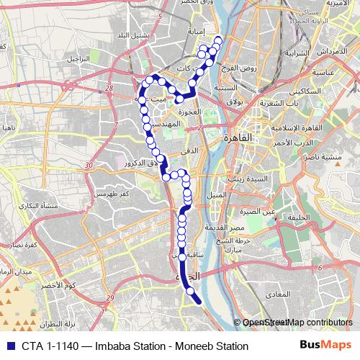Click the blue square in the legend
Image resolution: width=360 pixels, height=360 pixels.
tap(8, 346)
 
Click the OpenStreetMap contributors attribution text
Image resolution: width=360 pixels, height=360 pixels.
tap(297, 323)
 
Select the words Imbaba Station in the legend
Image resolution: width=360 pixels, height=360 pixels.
tap(112, 346)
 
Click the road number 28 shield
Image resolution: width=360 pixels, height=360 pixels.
tap(109, 88)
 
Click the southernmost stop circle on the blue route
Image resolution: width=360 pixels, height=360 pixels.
tap(191, 292)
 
